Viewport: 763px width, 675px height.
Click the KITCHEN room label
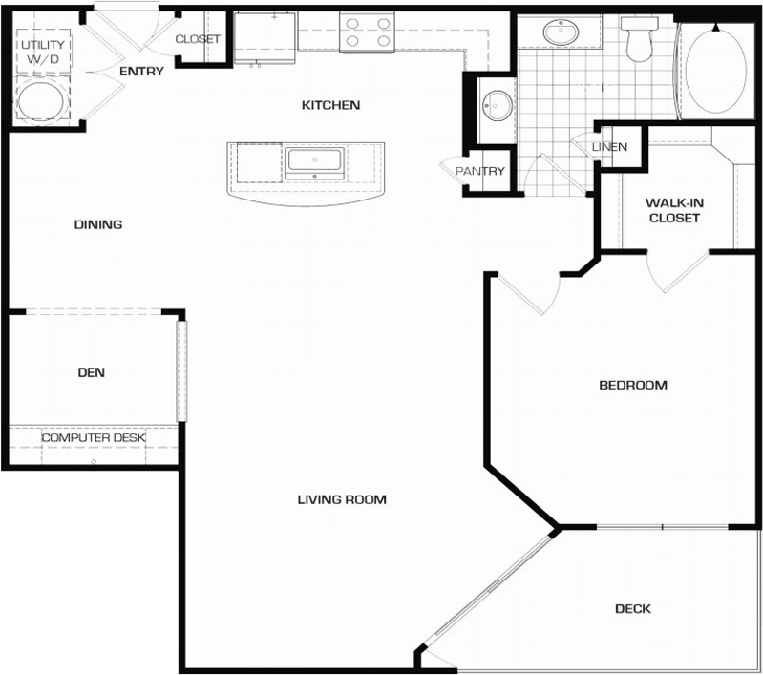tap(330, 105)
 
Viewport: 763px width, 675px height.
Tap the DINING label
tap(98, 225)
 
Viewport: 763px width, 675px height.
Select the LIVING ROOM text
tap(341, 499)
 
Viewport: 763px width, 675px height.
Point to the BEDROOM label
tap(632, 386)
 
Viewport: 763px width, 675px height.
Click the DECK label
tap(632, 608)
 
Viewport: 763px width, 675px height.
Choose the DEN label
tap(92, 372)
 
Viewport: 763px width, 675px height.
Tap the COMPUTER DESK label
tap(93, 438)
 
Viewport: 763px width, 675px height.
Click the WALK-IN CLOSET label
tap(673, 210)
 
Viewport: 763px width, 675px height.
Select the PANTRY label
tap(479, 172)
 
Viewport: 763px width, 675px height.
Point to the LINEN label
tap(609, 147)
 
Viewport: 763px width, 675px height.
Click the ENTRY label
tap(141, 72)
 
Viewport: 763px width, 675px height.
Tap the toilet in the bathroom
tap(635, 40)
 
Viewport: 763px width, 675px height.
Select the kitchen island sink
tap(313, 162)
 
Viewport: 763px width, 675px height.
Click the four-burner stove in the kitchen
tap(367, 32)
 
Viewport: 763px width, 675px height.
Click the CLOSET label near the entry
tap(198, 39)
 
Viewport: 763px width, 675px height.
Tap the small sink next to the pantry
tap(496, 105)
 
